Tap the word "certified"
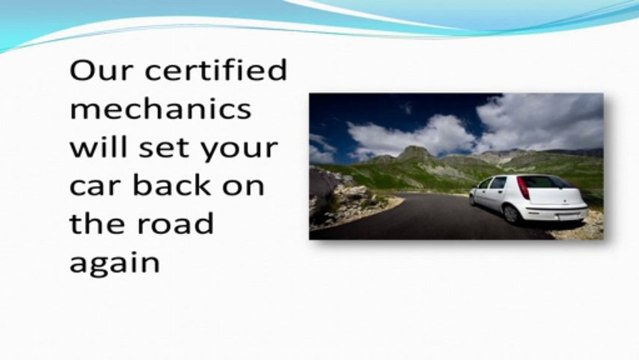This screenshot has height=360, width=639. click(x=212, y=73)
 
